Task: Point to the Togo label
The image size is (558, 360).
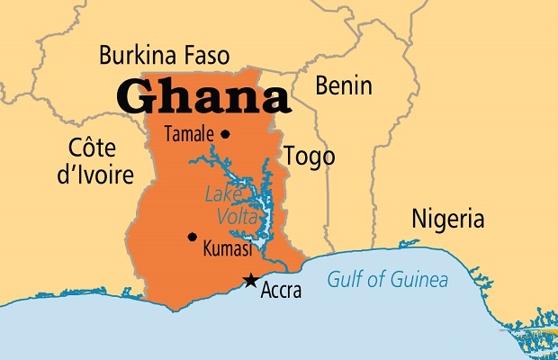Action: pyautogui.click(x=309, y=155)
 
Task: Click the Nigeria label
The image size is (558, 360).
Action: pyautogui.click(x=447, y=219)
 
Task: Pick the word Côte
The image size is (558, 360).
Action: pyautogui.click(x=94, y=147)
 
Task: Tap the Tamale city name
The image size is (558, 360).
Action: pyautogui.click(x=189, y=135)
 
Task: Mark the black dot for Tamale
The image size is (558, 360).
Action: pyautogui.click(x=225, y=135)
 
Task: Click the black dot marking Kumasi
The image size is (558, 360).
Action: pyautogui.click(x=192, y=237)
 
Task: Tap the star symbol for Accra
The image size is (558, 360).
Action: pyautogui.click(x=250, y=282)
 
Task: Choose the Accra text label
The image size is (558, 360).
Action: pyautogui.click(x=281, y=291)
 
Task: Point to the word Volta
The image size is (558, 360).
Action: pyautogui.click(x=237, y=216)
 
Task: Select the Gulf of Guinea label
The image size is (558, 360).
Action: pyautogui.click(x=388, y=280)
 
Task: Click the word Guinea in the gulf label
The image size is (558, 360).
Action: pyautogui.click(x=418, y=280)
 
